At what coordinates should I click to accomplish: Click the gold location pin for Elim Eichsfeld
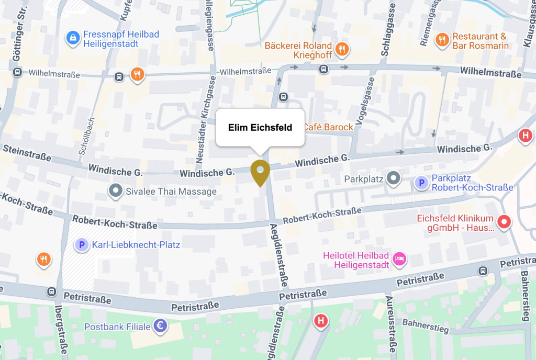(260, 171)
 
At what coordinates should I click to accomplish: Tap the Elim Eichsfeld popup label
(260, 128)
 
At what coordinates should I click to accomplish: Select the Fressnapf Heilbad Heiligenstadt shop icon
(73, 37)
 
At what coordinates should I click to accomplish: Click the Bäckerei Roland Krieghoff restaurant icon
(342, 50)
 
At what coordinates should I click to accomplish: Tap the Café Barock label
(327, 127)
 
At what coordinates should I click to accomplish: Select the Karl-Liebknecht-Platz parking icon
(81, 244)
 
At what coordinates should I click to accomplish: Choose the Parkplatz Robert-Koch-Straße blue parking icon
(420, 183)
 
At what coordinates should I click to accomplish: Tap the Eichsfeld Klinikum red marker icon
(504, 222)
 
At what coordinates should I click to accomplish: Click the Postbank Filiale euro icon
(160, 327)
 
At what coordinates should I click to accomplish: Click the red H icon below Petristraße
(321, 320)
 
